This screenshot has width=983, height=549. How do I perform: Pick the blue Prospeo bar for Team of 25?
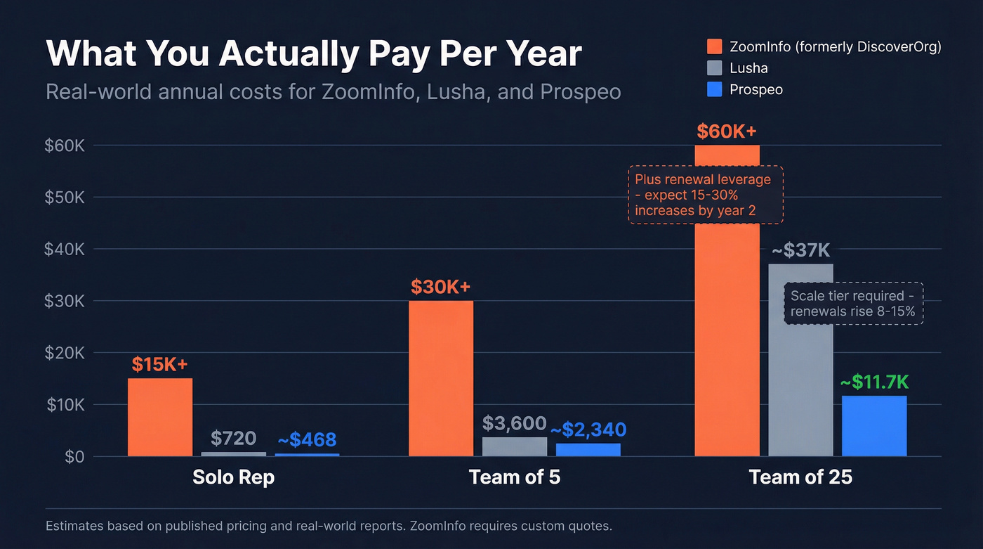pos(874,426)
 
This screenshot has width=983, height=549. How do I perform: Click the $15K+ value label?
pos(160,364)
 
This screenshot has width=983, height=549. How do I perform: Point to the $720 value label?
pos(233,439)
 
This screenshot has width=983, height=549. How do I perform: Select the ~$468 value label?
pos(307,440)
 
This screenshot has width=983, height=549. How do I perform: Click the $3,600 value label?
pos(515,423)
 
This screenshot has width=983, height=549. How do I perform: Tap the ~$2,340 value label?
pos(588,429)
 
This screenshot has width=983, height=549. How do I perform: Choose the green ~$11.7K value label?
pos(874,382)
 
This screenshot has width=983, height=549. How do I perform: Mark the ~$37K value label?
pos(801,250)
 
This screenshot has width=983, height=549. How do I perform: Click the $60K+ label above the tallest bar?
pos(727,131)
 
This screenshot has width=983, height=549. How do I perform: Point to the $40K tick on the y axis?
pos(65,249)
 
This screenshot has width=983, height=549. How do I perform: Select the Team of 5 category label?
pos(515,477)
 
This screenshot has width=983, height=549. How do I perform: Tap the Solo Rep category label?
pos(233,477)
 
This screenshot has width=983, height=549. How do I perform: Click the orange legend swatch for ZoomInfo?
pos(714,47)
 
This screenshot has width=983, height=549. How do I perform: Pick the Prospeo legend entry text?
pos(756,90)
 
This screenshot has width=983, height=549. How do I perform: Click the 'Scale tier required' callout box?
pos(853,303)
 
